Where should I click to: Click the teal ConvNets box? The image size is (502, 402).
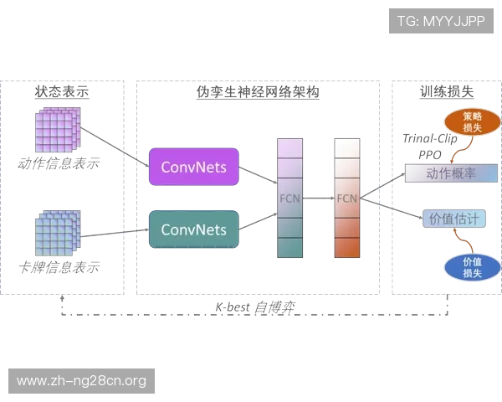(x=194, y=229)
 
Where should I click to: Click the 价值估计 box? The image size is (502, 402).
(x=453, y=218)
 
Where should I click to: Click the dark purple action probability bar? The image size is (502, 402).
(x=451, y=173)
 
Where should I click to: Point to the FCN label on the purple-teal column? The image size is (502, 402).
(x=288, y=198)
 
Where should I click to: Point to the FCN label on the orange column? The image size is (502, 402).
(x=346, y=198)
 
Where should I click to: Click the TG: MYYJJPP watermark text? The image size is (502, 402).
(x=441, y=21)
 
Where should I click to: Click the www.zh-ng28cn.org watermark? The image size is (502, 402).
(x=82, y=381)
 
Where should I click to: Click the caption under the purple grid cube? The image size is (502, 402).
(x=57, y=162)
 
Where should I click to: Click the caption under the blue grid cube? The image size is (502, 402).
(x=59, y=268)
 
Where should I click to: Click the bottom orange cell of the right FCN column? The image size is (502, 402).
(x=346, y=247)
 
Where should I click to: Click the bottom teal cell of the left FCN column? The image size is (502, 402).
(x=288, y=248)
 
